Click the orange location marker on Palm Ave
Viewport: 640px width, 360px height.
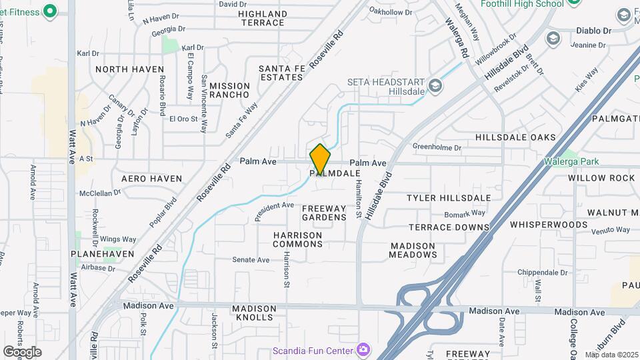click(320, 159)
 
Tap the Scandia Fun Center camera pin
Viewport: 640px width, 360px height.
click(363, 350)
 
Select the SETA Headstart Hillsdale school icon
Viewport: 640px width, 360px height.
click(435, 85)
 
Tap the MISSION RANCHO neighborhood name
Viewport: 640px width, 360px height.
click(229, 91)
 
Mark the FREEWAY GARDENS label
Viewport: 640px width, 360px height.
click(324, 213)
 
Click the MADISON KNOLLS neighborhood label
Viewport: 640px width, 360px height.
click(253, 313)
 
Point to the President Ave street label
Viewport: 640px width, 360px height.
click(274, 211)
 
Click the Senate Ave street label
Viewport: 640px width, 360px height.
click(250, 259)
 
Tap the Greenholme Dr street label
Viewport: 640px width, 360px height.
click(437, 147)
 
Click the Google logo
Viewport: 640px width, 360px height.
click(22, 351)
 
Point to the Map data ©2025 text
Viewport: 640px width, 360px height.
click(611, 355)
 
